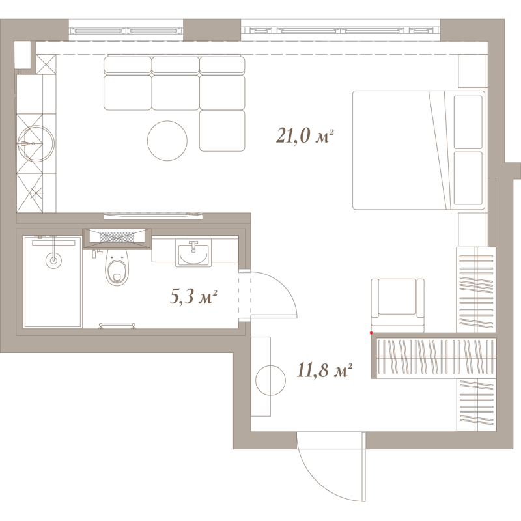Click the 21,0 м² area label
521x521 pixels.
(x=305, y=136)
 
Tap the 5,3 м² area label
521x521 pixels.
(x=193, y=296)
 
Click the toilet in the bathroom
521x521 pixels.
(x=117, y=267)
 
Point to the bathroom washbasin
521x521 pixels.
(x=193, y=255)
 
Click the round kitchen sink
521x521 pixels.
(x=36, y=143)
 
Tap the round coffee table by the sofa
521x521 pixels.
(x=167, y=141)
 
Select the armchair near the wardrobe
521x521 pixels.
(x=398, y=305)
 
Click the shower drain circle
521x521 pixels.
(x=53, y=260)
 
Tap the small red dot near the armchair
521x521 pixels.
(x=371, y=333)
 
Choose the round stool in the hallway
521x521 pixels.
(x=270, y=380)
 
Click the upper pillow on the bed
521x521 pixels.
(x=468, y=122)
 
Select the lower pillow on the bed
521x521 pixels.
(x=468, y=178)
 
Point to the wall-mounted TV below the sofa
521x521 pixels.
(x=153, y=216)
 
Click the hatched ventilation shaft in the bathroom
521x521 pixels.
(x=117, y=237)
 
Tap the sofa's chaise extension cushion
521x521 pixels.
(x=222, y=131)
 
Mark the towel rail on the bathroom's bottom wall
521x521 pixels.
(x=117, y=325)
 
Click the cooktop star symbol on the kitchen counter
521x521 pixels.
(x=36, y=193)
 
